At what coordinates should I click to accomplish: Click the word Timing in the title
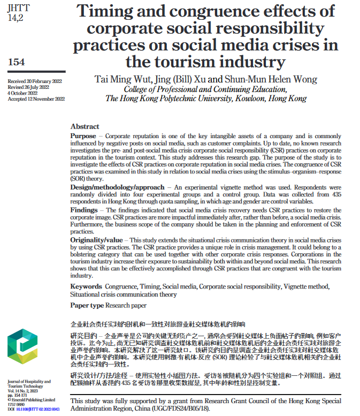[x=110, y=11]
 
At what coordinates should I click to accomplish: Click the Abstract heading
[x=85, y=127]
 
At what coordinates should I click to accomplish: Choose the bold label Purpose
[x=83, y=136]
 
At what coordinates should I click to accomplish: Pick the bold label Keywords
[x=86, y=286]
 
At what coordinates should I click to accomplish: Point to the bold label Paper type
[x=87, y=305]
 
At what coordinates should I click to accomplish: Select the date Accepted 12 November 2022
[x=36, y=99]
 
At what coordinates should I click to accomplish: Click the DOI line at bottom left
[x=33, y=409]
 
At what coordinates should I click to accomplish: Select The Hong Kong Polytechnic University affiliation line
[x=205, y=99]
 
